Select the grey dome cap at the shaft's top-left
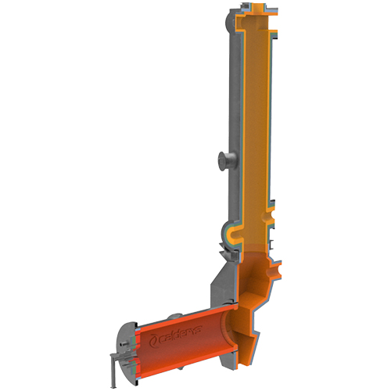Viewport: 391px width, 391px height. point(228,22)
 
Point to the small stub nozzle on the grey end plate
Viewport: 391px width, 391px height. point(124,344)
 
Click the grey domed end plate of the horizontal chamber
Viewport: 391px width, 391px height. point(124,357)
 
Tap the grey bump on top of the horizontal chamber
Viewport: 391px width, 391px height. point(174,316)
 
